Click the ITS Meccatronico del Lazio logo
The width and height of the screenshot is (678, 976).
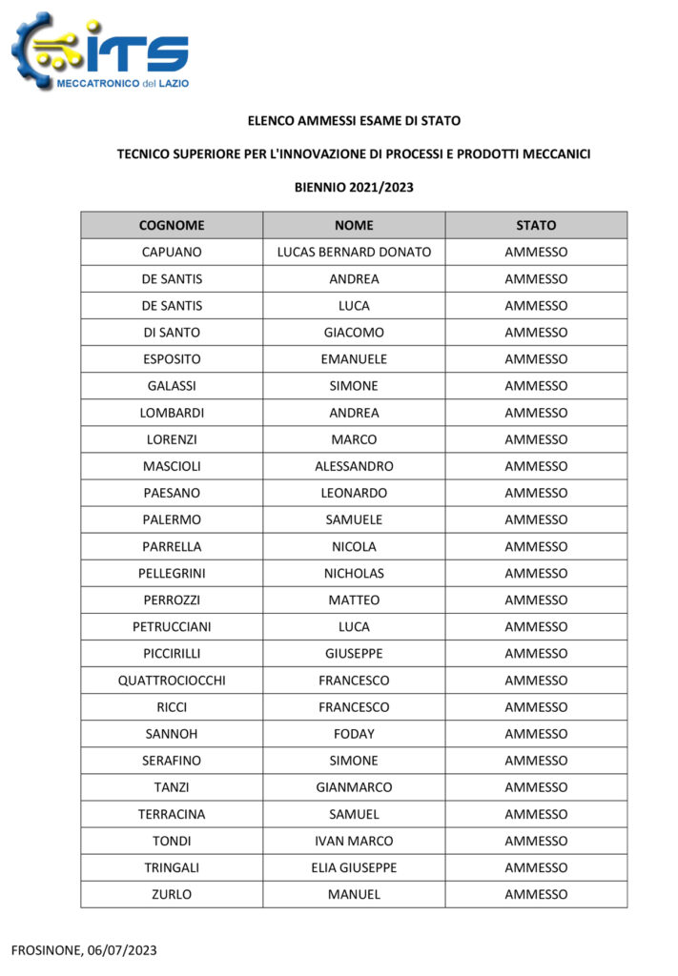[100, 52]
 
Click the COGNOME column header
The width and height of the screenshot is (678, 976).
[172, 226]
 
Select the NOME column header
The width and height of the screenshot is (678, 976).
[354, 226]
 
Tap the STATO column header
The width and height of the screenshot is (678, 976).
[536, 226]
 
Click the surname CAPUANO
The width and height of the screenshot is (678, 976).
[172, 253]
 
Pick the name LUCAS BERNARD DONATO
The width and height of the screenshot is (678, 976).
[354, 253]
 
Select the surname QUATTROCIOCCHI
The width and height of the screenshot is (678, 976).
[172, 681]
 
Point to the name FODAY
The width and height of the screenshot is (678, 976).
[354, 734]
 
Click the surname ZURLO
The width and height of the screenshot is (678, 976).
[172, 894]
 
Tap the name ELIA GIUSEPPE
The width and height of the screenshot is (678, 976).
[354, 867]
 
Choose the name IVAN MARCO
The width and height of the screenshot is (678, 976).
[354, 841]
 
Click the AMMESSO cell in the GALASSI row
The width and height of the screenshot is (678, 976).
[536, 386]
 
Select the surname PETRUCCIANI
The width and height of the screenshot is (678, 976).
[172, 627]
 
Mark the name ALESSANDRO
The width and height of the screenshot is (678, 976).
[354, 466]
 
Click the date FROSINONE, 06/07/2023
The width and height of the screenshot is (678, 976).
[84, 949]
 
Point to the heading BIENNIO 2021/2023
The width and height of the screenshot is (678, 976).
[354, 187]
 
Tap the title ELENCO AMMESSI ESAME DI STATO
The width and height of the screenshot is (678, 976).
[354, 121]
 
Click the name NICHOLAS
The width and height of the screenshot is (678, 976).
[354, 574]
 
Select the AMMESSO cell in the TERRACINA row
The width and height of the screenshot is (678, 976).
[536, 814]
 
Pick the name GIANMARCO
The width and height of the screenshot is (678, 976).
[354, 787]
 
